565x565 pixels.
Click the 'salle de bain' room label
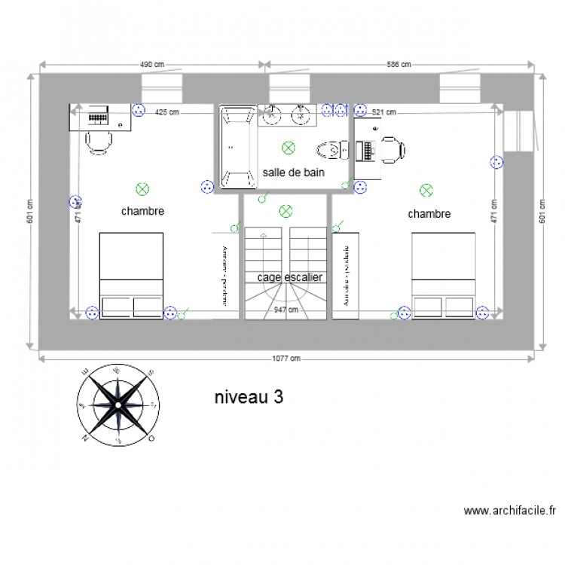pyautogui.click(x=293, y=173)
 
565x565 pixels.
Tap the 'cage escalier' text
pyautogui.click(x=290, y=277)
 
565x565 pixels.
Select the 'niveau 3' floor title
pyautogui.click(x=249, y=397)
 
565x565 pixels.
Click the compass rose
pyautogui.click(x=118, y=403)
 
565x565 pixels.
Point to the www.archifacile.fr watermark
pyautogui.click(x=510, y=511)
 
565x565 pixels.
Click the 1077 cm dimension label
pyautogui.click(x=286, y=359)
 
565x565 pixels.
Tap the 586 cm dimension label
pyautogui.click(x=399, y=65)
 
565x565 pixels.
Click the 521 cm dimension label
pyautogui.click(x=384, y=113)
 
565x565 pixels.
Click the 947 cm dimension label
pyautogui.click(x=286, y=309)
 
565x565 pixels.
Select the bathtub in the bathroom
pyautogui.click(x=237, y=147)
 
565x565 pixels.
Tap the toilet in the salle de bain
pyautogui.click(x=331, y=150)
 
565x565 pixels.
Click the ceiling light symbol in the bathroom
pyautogui.click(x=286, y=148)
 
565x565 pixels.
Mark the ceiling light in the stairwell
pyautogui.click(x=285, y=210)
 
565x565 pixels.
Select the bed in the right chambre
pyautogui.click(x=443, y=275)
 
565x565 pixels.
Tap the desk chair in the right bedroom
pyautogui.click(x=391, y=148)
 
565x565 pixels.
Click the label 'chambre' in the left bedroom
pyautogui.click(x=142, y=212)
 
